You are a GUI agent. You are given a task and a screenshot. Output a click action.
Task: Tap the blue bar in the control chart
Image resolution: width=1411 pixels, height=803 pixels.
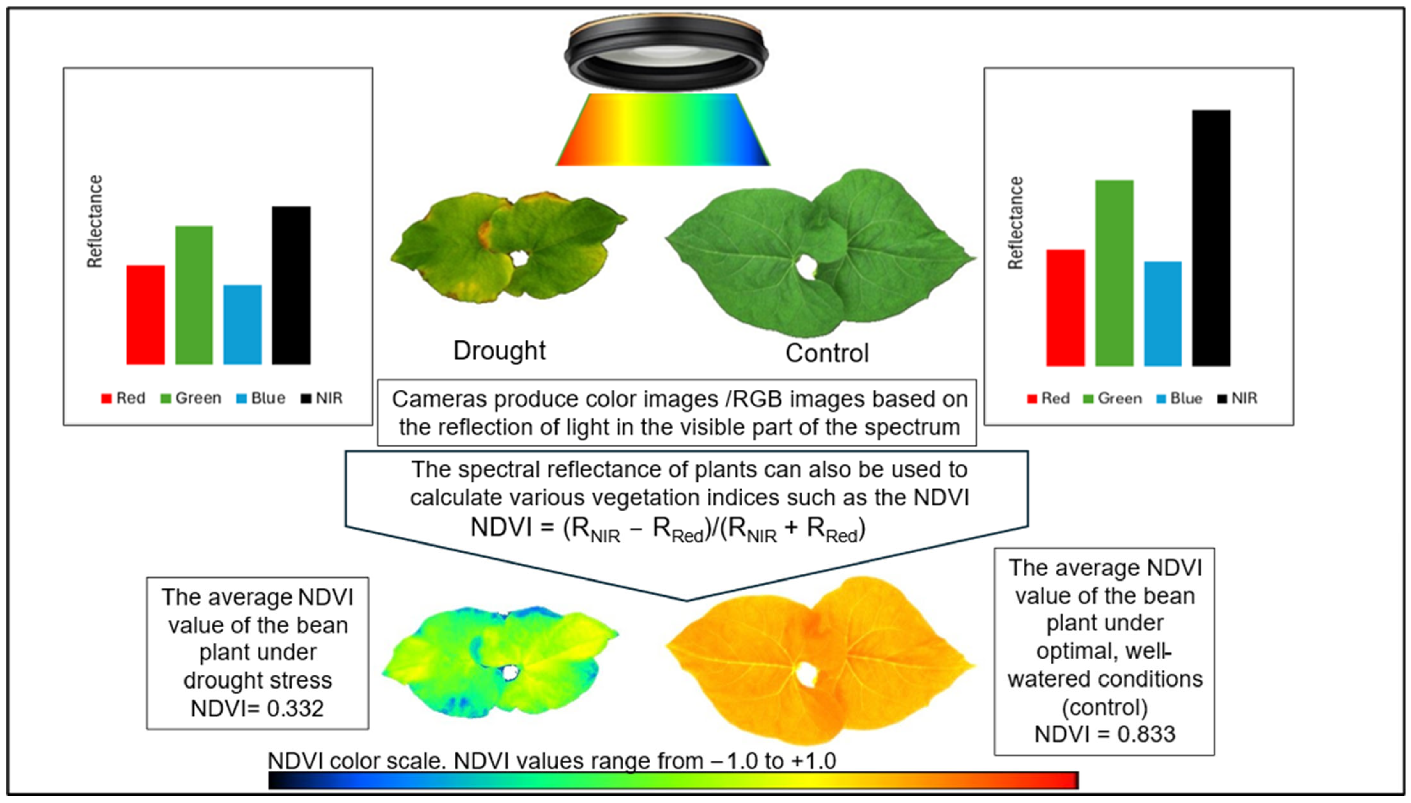(x=1162, y=313)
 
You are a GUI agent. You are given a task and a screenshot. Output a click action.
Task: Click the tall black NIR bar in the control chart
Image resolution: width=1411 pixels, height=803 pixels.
(x=1211, y=238)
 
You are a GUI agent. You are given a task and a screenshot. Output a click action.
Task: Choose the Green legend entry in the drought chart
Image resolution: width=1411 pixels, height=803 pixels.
(x=191, y=398)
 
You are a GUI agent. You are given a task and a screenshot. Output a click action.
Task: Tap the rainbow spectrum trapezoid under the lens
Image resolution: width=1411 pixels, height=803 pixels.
(x=663, y=130)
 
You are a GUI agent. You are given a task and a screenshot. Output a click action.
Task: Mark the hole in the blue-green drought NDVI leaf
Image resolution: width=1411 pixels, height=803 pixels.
(x=510, y=672)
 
